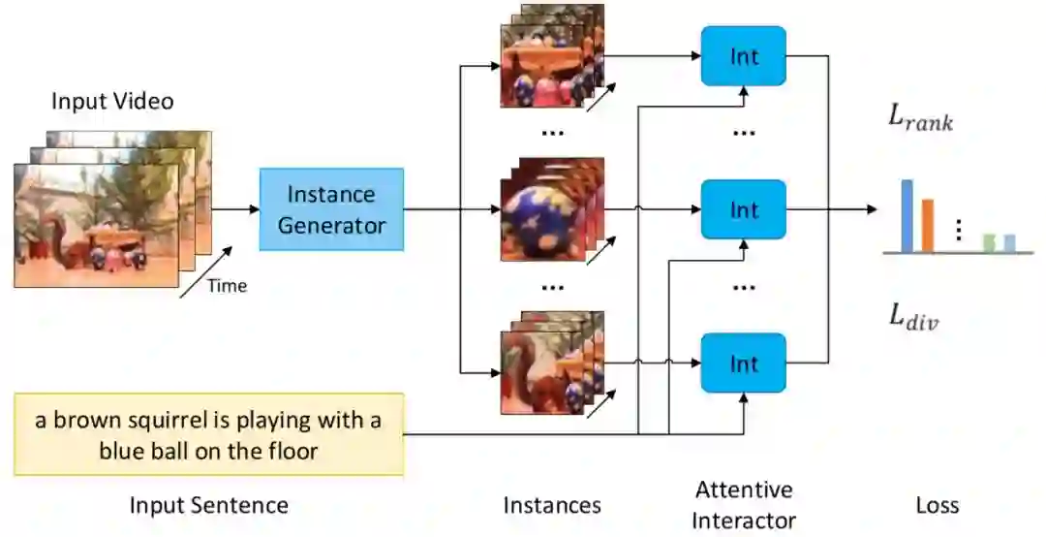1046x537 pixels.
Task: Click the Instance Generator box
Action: click(x=331, y=209)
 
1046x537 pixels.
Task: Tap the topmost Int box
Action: click(x=743, y=56)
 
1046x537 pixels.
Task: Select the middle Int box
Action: click(x=743, y=209)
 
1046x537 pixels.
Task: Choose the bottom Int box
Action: click(x=743, y=363)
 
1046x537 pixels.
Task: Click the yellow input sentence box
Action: click(x=208, y=434)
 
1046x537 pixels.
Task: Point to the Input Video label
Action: click(x=112, y=101)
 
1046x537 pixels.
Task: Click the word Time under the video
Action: click(x=227, y=286)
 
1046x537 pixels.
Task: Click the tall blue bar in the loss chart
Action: click(x=908, y=215)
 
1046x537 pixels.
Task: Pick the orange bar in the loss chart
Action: click(x=927, y=225)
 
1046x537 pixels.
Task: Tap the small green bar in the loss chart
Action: click(x=989, y=242)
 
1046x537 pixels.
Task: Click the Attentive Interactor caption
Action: click(x=743, y=504)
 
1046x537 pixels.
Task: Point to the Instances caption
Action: click(x=552, y=505)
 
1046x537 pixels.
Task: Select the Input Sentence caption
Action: click(x=208, y=505)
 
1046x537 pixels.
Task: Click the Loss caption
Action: click(x=937, y=505)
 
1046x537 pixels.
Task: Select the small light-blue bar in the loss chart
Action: click(x=1009, y=242)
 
